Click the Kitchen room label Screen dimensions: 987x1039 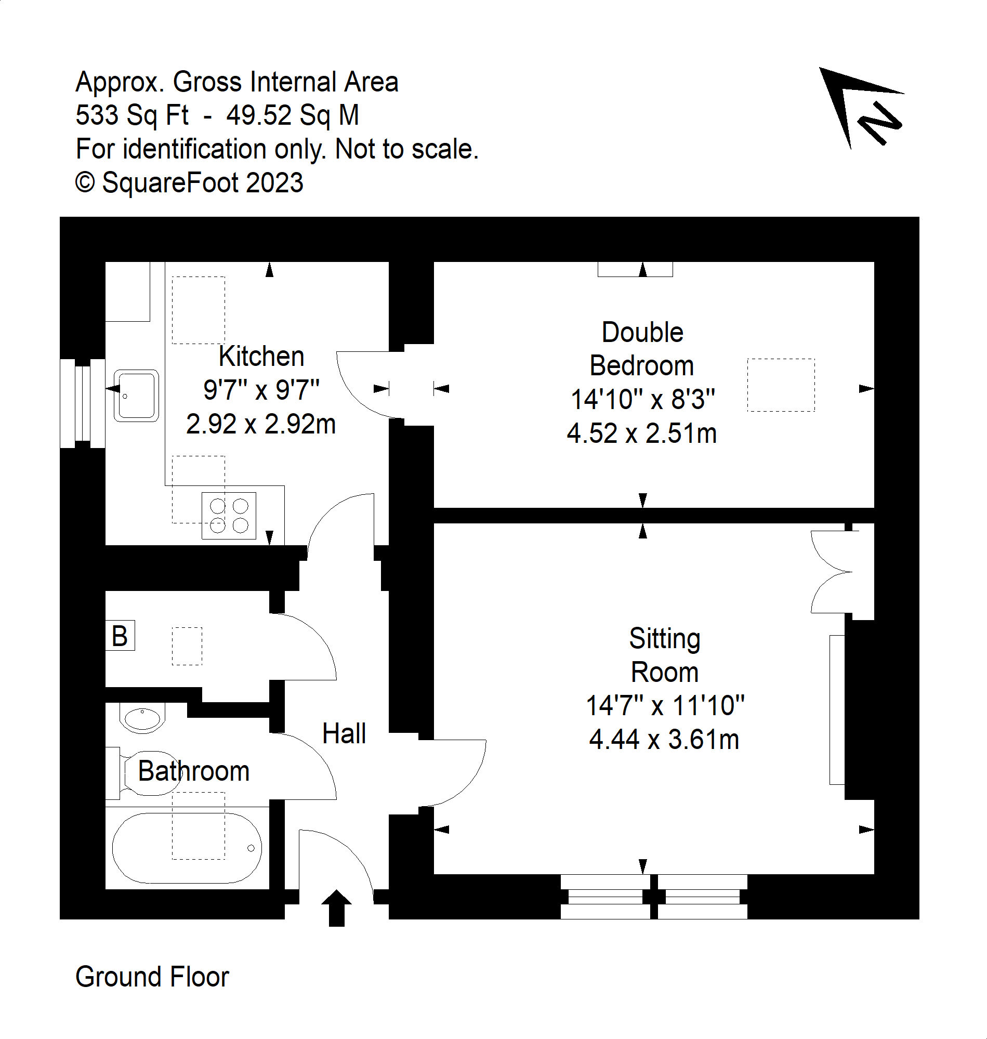261,357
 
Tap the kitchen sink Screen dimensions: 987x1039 136,396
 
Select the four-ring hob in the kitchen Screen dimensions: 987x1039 229,516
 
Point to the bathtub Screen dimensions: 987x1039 187,848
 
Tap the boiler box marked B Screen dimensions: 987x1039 120,636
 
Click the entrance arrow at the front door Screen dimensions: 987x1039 336,908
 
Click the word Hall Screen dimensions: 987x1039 344,734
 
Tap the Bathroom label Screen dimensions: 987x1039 194,772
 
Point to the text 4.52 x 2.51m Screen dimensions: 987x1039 642,434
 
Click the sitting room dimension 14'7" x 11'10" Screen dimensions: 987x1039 665,706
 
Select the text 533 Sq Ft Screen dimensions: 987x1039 132,115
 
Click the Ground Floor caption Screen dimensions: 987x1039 152,977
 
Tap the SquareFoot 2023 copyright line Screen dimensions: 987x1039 189,183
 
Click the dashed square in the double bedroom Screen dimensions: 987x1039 781,385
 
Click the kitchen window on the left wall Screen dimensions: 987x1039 83,403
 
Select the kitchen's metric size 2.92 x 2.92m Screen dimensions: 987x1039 261,425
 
